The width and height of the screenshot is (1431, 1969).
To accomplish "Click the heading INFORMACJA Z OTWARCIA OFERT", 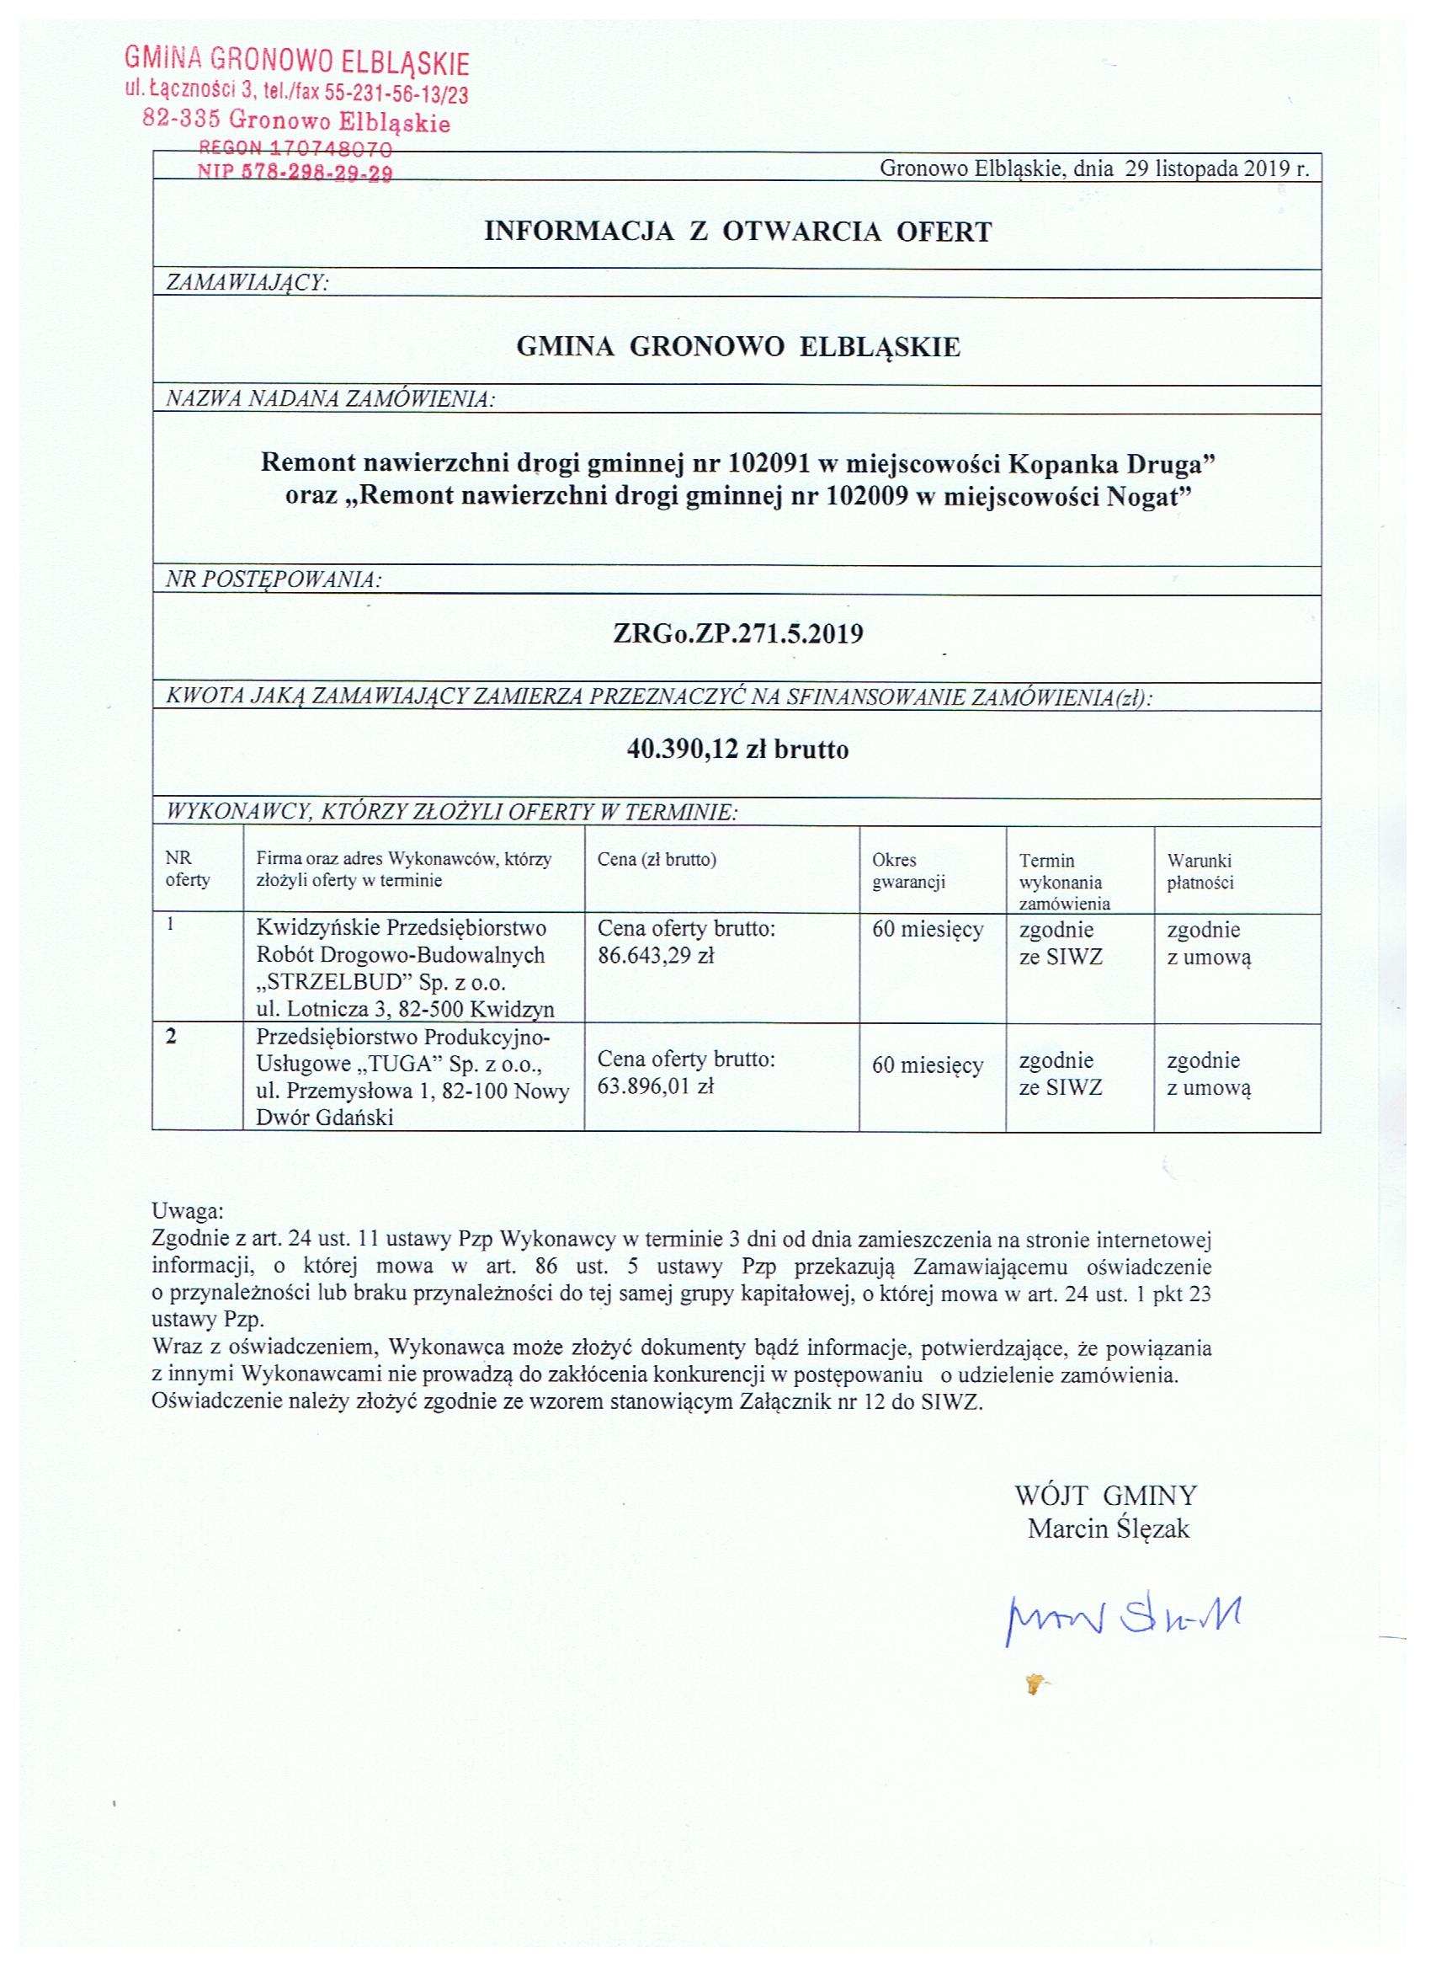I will point(737,232).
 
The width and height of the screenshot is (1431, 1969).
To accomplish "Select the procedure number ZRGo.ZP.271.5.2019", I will point(737,634).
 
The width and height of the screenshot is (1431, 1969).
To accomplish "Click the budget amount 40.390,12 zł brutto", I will point(737,749).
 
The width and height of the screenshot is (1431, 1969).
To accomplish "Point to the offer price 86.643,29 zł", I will point(655,956).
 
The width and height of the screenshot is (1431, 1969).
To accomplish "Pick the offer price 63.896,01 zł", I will point(655,1086).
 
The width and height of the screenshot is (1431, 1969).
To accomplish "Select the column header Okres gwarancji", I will point(907,871).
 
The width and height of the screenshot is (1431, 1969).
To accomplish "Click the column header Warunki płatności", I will point(1200,872).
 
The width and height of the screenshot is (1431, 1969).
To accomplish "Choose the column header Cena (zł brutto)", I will point(656,860).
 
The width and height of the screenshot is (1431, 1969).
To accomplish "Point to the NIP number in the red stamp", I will point(295,173).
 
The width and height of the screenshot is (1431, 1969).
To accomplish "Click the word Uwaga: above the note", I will point(188,1210).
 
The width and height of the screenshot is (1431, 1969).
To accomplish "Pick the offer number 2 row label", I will point(171,1037).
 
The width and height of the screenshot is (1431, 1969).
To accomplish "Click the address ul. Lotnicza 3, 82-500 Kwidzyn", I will point(405,1009).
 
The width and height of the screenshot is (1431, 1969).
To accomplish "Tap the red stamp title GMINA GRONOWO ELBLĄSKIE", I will point(297,61).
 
